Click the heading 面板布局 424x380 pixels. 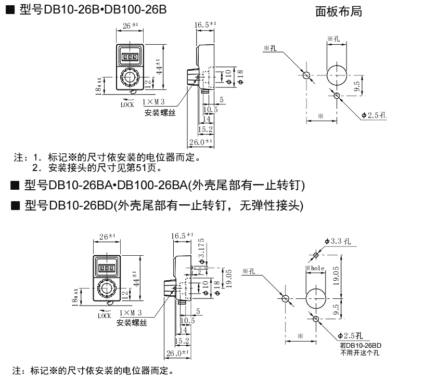[x=338, y=11]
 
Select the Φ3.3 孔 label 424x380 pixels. [x=339, y=241]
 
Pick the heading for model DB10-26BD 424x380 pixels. [x=163, y=205]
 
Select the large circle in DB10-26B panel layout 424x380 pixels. [x=337, y=74]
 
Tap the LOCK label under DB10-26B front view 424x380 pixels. [x=127, y=104]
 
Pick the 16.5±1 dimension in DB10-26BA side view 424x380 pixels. [x=182, y=235]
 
